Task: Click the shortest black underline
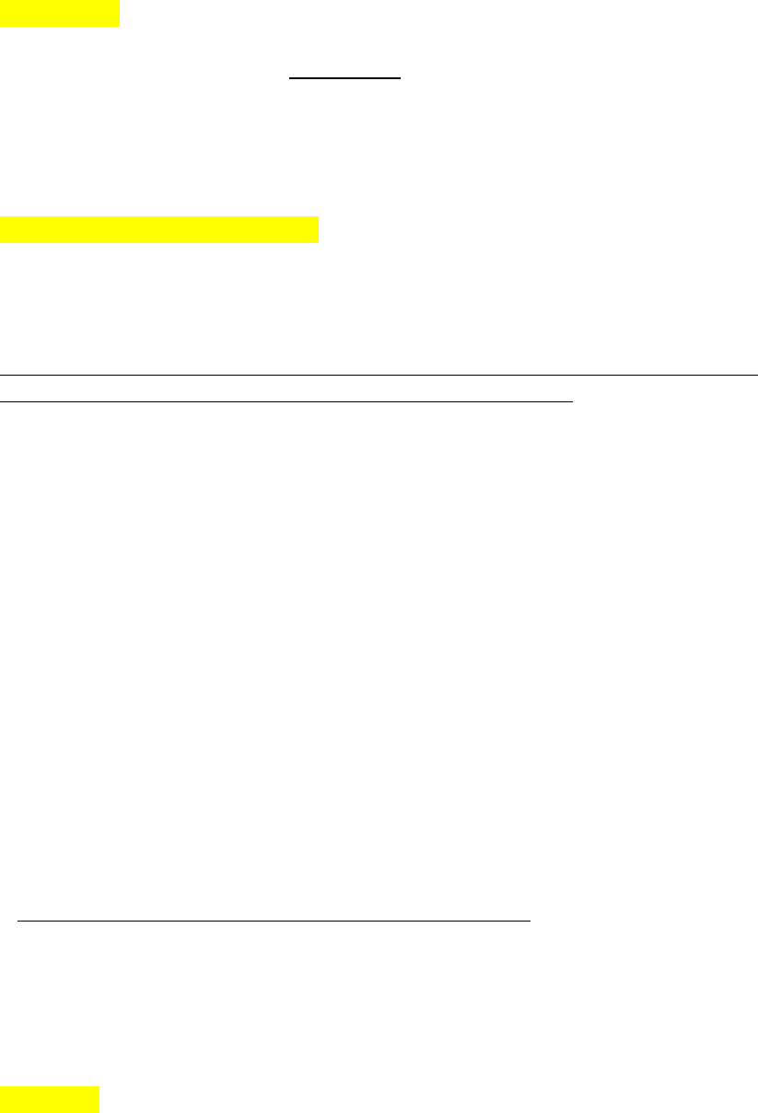click(345, 79)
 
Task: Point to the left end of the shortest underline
click(290, 79)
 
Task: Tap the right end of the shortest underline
click(401, 79)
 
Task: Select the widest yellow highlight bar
click(158, 229)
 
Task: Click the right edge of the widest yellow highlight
click(317, 229)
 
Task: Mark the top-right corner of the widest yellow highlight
click(317, 217)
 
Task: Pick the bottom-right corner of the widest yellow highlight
click(317, 241)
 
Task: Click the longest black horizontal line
click(378, 375)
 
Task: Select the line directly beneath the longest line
click(286, 401)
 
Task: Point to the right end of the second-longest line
click(573, 401)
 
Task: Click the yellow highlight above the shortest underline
click(60, 13)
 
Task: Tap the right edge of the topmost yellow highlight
click(120, 13)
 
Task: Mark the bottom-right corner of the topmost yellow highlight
click(120, 26)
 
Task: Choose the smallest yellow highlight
click(50, 1099)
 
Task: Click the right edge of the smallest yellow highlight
click(99, 1099)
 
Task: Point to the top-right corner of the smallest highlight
click(99, 1087)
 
